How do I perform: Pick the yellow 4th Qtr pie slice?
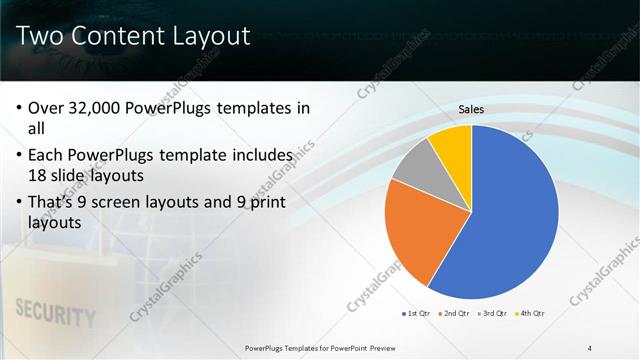[x=452, y=145]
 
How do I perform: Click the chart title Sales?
[x=472, y=109]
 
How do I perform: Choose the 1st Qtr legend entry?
[x=416, y=314]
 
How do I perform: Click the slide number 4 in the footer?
[x=590, y=347]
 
